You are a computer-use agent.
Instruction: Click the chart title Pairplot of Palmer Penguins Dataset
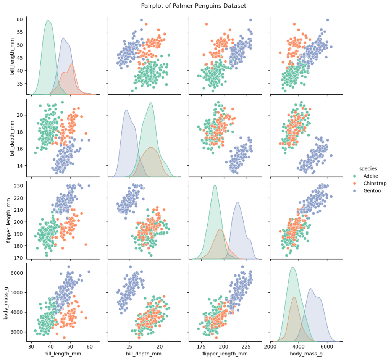pos(194,6)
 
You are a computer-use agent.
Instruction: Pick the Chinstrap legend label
pos(375,183)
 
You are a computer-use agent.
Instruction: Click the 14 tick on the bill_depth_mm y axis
pos(20,165)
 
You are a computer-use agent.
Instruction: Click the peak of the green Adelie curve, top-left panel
pos(48,21)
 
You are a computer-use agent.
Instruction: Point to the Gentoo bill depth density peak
pos(126,110)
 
